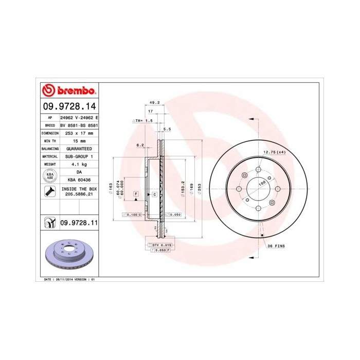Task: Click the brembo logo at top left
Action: (68, 91)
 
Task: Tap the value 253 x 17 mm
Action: (80, 133)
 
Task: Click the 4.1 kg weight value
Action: (79, 164)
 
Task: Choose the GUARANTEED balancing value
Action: (79, 148)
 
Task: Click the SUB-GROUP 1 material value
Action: (79, 156)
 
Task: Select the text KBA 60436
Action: (79, 180)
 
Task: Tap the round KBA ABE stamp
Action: (50, 176)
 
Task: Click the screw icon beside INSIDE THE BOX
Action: (50, 192)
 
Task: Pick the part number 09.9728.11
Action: (79, 222)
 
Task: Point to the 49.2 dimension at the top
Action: (154, 102)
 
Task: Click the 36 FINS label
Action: (276, 246)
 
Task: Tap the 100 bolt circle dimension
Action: (262, 183)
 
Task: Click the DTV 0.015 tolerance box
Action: (160, 245)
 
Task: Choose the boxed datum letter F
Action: (136, 193)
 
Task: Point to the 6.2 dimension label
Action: (139, 145)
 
